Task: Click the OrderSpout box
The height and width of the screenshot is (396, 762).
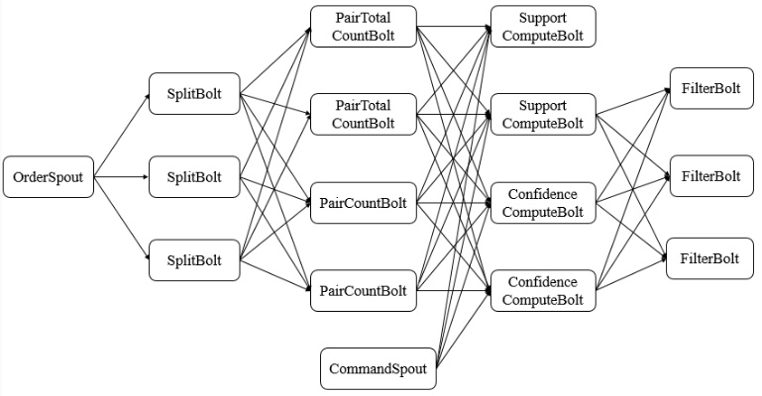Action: tap(48, 178)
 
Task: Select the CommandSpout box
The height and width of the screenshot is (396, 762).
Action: tap(379, 369)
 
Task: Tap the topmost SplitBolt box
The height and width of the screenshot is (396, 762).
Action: tap(194, 95)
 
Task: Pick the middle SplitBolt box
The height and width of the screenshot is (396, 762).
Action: tap(194, 178)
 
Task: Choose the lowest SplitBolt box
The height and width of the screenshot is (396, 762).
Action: tap(194, 260)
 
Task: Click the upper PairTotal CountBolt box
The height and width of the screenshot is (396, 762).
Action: tap(364, 27)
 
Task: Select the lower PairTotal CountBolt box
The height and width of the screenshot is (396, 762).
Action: tap(364, 114)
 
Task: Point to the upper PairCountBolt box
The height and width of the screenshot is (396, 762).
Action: tap(364, 204)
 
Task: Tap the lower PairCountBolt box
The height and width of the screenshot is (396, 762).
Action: tap(364, 290)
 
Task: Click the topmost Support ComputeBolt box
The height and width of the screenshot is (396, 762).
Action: tap(543, 27)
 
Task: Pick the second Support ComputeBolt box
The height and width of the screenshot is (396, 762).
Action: tap(543, 114)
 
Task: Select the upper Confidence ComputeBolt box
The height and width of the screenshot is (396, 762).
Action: tap(543, 204)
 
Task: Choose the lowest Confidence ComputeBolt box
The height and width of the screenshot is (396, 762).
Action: tap(543, 290)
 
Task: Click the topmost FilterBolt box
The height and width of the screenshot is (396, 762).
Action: tap(709, 89)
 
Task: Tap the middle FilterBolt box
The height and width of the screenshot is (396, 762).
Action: tap(709, 176)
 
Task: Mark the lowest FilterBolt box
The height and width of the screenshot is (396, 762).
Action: tap(709, 258)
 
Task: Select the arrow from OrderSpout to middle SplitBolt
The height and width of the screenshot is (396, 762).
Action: tap(121, 178)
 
